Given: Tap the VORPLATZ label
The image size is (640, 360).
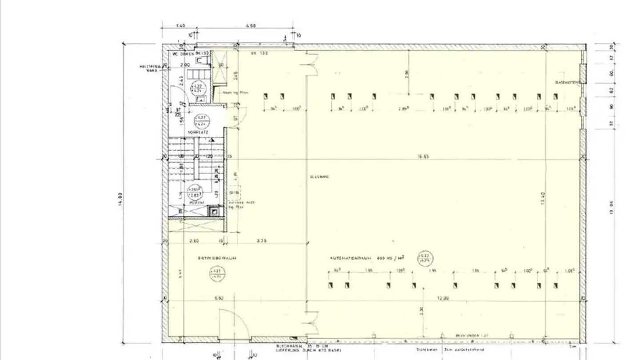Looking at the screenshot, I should coord(196,132).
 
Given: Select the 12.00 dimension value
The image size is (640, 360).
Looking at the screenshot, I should coord(443,298).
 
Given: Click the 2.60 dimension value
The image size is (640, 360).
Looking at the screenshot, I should coord(194,241).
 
